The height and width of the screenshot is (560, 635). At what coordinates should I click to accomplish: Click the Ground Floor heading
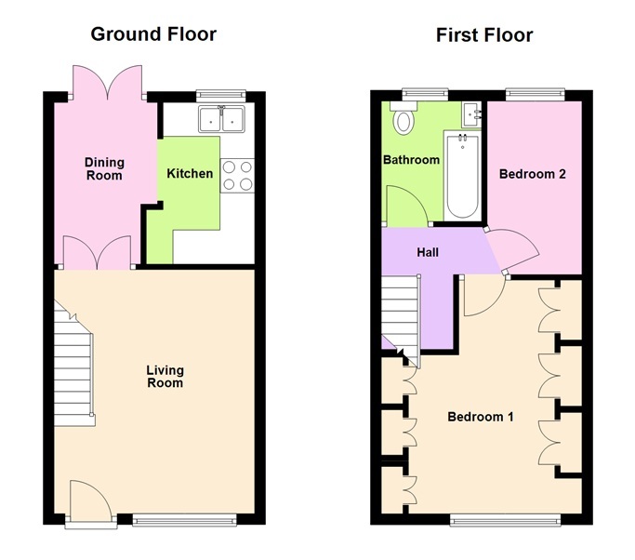tap(153, 35)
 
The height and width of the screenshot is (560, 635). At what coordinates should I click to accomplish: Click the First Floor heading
tap(484, 35)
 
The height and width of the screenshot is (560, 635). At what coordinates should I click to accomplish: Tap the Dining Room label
tap(104, 168)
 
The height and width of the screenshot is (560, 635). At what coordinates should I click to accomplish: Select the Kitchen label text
tap(190, 174)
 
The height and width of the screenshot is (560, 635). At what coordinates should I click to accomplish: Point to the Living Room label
tap(165, 377)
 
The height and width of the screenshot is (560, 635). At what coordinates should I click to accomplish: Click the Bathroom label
tap(411, 160)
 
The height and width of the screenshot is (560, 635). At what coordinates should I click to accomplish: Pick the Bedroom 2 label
tap(533, 174)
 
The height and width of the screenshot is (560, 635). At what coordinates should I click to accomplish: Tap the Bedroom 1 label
tap(481, 416)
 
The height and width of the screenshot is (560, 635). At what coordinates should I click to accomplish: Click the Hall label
tap(428, 252)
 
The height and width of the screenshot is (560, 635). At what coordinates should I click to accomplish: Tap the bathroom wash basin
tap(474, 113)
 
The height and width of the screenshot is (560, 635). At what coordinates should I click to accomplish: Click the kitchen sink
tap(221, 118)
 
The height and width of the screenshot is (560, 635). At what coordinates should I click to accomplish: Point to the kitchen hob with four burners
tap(237, 175)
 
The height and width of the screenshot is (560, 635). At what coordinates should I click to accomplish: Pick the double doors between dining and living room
tap(98, 253)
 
